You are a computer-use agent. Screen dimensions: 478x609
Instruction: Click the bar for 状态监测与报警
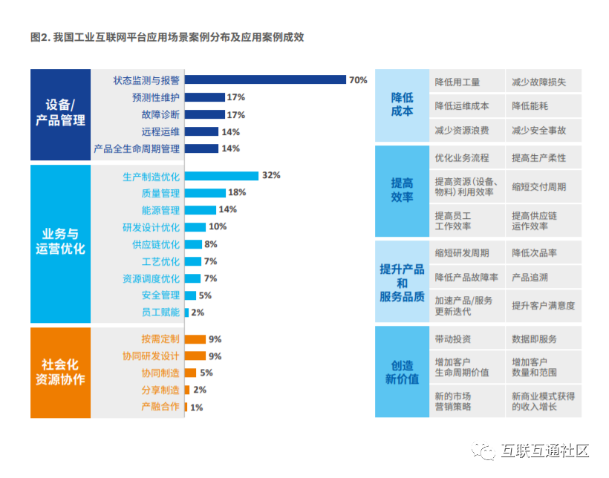coord(265,79)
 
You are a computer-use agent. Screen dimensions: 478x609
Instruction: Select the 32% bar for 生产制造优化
coord(221,176)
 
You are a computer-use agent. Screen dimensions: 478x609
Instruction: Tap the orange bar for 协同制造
coord(190,373)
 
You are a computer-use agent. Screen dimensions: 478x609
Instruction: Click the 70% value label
coord(358,80)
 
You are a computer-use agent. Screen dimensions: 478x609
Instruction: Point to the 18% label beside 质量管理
coord(237,193)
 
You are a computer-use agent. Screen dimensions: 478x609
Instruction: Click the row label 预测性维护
coord(156,97)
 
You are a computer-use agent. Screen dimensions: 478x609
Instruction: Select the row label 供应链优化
coord(156,244)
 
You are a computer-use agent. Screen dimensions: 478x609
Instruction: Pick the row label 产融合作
coord(160,407)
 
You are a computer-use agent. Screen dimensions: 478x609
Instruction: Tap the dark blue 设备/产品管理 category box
coord(60,114)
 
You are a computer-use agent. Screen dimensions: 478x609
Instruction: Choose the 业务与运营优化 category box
coord(60,242)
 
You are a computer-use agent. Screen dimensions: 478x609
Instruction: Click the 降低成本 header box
coord(402,105)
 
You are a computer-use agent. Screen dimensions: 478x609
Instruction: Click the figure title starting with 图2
coord(167,37)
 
